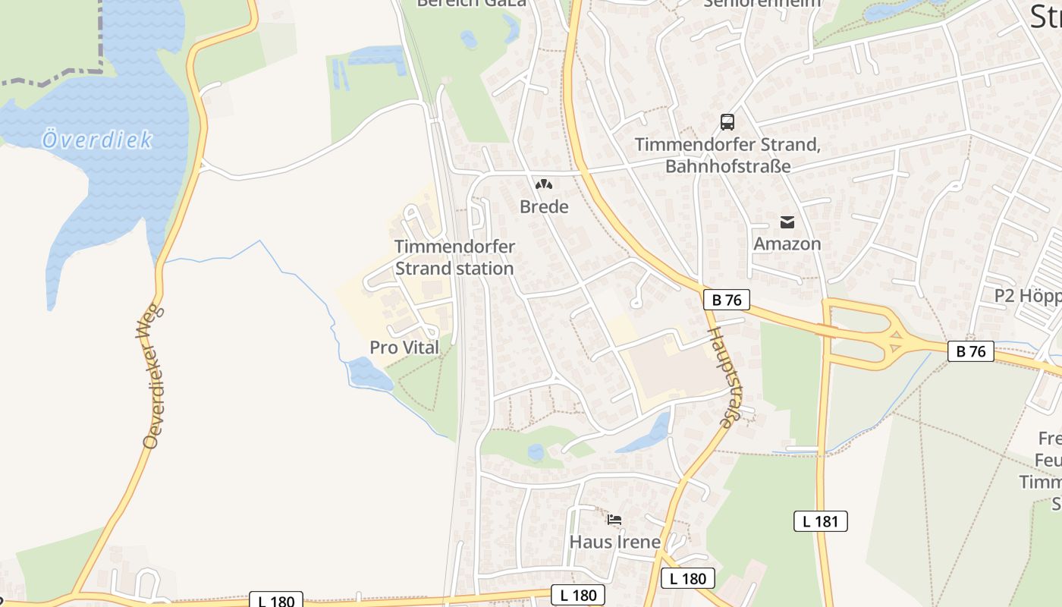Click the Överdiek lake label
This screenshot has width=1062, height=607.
click(97, 140)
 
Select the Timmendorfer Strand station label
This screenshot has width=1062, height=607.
click(454, 257)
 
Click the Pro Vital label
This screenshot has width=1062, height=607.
click(404, 348)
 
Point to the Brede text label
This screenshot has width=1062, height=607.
click(544, 206)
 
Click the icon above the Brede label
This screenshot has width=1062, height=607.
click(544, 184)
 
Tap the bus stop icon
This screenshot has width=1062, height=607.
click(727, 121)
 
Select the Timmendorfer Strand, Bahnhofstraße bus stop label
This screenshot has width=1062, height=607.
click(727, 155)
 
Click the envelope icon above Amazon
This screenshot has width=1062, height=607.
click(787, 222)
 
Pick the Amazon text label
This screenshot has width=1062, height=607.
click(787, 244)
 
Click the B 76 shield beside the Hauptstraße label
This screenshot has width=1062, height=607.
click(727, 300)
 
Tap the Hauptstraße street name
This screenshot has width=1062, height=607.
click(726, 377)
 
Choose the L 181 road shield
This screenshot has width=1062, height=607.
click(820, 521)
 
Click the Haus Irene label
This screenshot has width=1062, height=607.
click(614, 543)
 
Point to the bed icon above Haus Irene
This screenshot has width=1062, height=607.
click(614, 520)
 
